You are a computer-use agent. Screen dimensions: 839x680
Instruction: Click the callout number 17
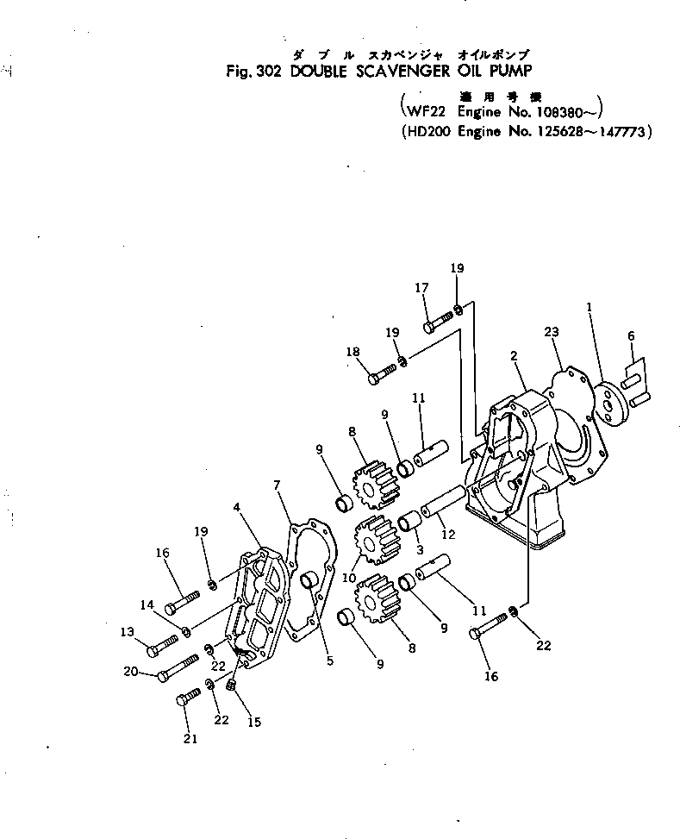tap(422, 289)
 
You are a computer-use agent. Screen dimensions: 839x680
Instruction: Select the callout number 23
tap(552, 331)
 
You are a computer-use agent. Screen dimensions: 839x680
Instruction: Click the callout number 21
tap(190, 738)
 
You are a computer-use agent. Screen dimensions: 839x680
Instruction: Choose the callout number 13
tap(128, 632)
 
